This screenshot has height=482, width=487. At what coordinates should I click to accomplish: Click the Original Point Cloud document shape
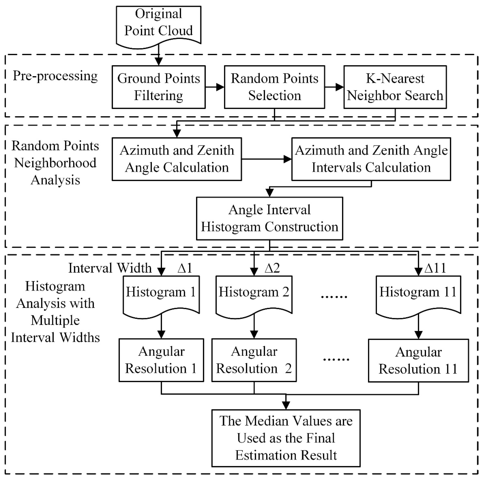[x=159, y=25]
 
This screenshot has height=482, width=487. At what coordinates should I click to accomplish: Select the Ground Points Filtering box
[x=159, y=87]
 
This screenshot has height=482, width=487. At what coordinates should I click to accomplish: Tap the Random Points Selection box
[x=274, y=87]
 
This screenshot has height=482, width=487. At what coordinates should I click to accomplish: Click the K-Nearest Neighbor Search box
[x=395, y=87]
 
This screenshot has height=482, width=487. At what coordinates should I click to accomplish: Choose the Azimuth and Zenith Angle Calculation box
[x=177, y=159]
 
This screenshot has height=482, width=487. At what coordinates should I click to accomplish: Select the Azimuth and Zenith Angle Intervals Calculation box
[x=371, y=159]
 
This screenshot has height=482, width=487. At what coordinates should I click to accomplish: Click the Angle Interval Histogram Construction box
[x=270, y=218]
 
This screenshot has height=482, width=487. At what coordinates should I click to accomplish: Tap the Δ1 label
[x=185, y=268]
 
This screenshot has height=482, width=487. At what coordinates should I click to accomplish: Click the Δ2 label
[x=272, y=268]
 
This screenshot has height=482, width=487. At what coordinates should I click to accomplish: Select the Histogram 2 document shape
[x=254, y=295]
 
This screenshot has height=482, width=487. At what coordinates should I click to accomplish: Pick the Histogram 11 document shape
[x=418, y=295]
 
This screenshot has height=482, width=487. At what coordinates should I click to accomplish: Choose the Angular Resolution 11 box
[x=418, y=361]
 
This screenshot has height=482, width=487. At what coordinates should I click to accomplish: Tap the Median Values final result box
[x=286, y=438]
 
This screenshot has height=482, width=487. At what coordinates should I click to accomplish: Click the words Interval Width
[x=110, y=268]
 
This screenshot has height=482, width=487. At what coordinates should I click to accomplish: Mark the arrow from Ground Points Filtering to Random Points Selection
[x=215, y=87]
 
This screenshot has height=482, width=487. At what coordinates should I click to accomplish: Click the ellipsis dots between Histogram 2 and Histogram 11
[x=334, y=297]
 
